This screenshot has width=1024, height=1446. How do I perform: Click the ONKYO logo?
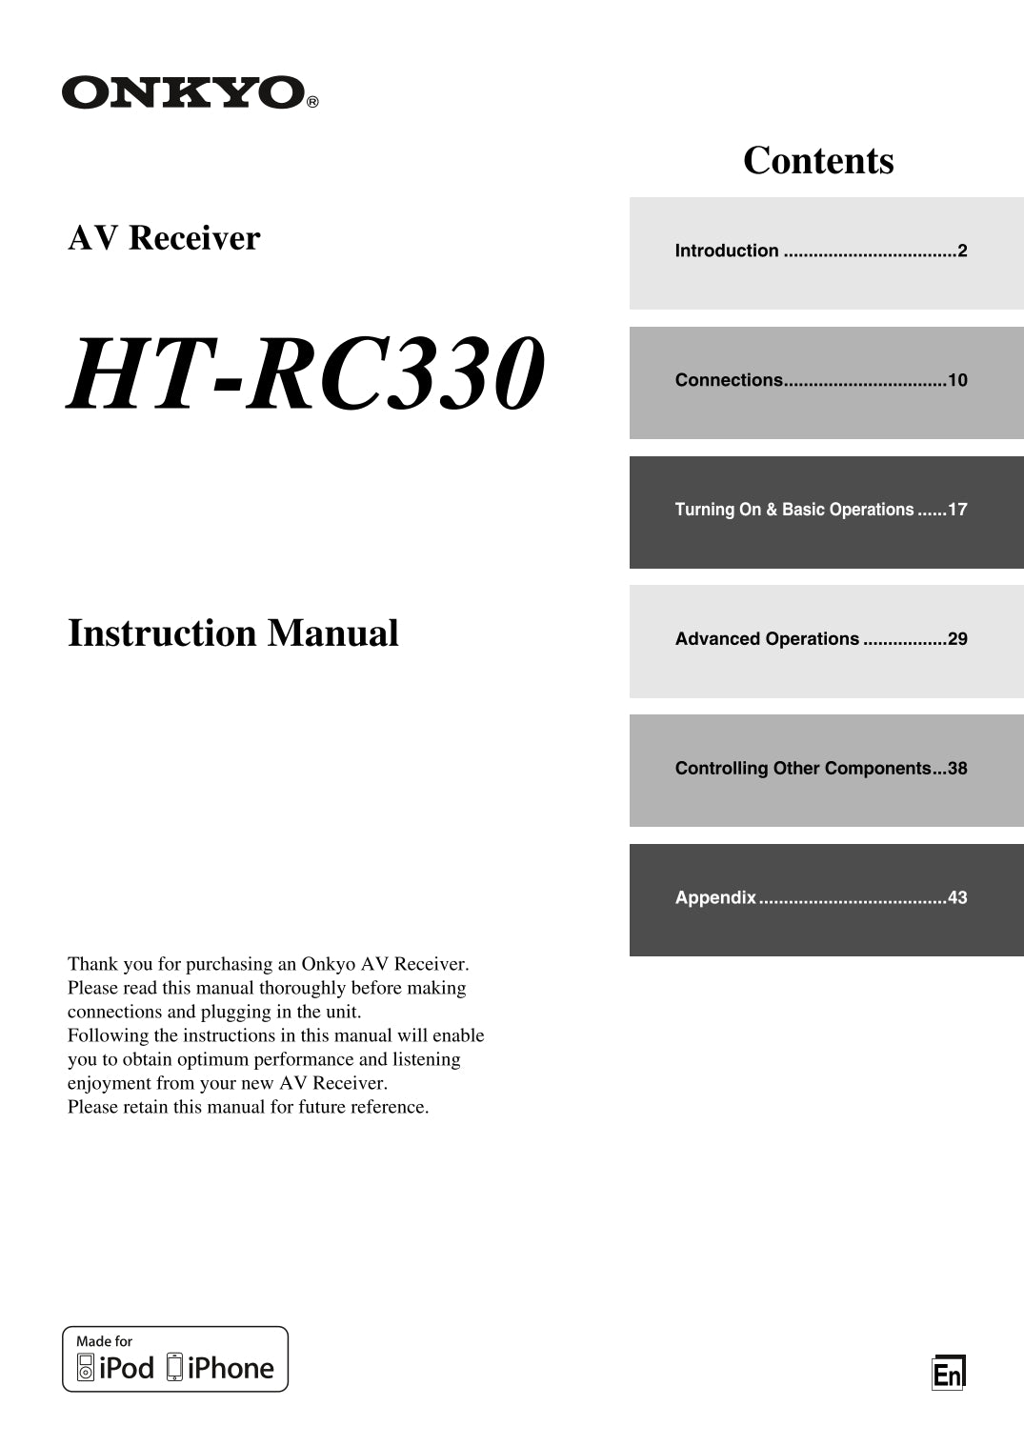point(184,93)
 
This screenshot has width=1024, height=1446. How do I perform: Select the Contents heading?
point(818,160)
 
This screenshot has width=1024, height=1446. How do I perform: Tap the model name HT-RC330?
point(306,373)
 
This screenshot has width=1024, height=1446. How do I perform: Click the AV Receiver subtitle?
point(164,237)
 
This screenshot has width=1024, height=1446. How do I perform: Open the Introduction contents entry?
point(727,251)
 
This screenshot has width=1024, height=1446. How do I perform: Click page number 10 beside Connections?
point(957,380)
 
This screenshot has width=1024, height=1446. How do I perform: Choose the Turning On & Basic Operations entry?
point(794,510)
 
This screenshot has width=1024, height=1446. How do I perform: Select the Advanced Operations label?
point(767,639)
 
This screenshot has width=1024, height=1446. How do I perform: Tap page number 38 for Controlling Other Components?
point(957,769)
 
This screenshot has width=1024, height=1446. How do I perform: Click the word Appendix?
point(715,897)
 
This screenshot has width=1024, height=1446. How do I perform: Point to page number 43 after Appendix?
point(957,897)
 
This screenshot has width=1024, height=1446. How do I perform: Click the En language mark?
point(948,1374)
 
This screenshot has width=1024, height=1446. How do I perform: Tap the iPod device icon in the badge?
point(86,1368)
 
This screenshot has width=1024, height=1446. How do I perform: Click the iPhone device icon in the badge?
point(174,1367)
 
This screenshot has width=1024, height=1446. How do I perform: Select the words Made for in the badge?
point(104,1341)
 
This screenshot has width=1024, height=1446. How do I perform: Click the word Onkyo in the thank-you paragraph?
point(328,964)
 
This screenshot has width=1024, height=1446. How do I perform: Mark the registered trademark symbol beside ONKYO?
point(312,101)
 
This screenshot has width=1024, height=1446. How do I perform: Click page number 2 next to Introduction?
point(962,251)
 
